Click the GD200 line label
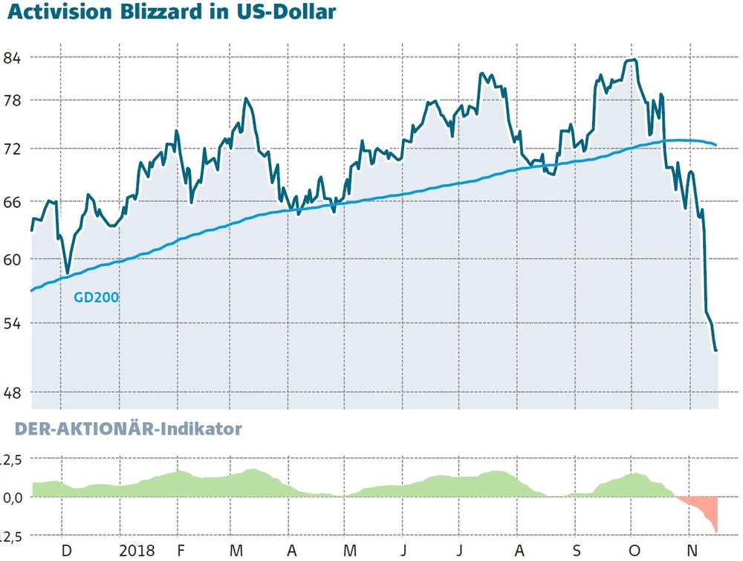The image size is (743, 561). pos(97,298)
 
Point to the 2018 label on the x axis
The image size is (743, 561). pos(137,551)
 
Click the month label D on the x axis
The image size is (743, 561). pos(66,551)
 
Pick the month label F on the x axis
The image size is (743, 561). pos(181,551)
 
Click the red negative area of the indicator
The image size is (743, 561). pos(707,510)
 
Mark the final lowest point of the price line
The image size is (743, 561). pos(716,351)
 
